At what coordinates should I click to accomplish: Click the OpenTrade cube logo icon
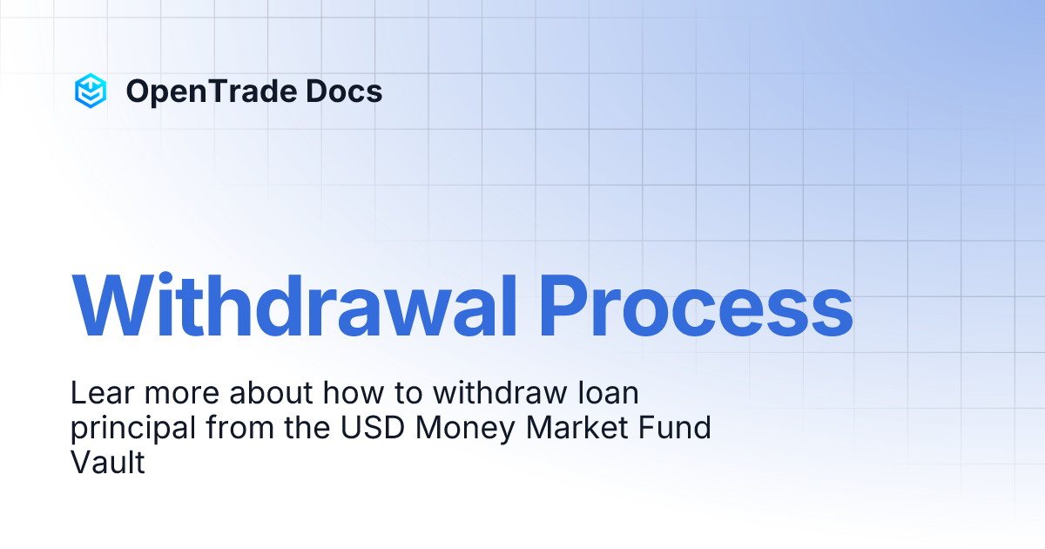pyautogui.click(x=91, y=91)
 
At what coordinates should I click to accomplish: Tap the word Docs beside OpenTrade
pyautogui.click(x=347, y=91)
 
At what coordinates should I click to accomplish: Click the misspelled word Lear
pyautogui.click(x=100, y=394)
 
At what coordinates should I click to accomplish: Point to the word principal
pyautogui.click(x=130, y=429)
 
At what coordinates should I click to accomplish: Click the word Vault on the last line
pyautogui.click(x=107, y=463)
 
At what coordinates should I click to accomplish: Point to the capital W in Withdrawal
pyautogui.click(x=111, y=307)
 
